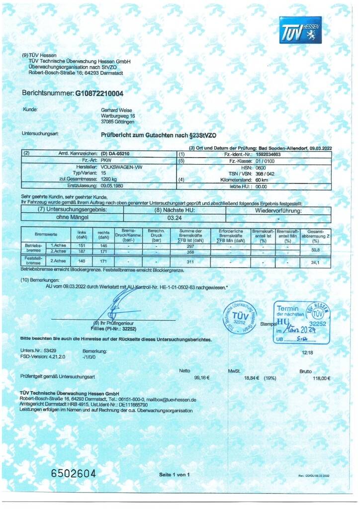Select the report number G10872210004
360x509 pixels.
tap(99, 93)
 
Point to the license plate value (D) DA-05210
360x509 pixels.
tap(115, 154)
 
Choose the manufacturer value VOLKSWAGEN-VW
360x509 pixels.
tap(121, 167)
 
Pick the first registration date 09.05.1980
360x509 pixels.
tap(112, 186)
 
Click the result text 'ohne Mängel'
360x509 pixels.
tap(70, 217)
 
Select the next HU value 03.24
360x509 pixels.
tap(174, 217)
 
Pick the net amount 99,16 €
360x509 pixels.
tap(202, 378)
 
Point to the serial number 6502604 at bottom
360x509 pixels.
tap(73, 473)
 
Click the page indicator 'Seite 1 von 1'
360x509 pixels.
tap(175, 474)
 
